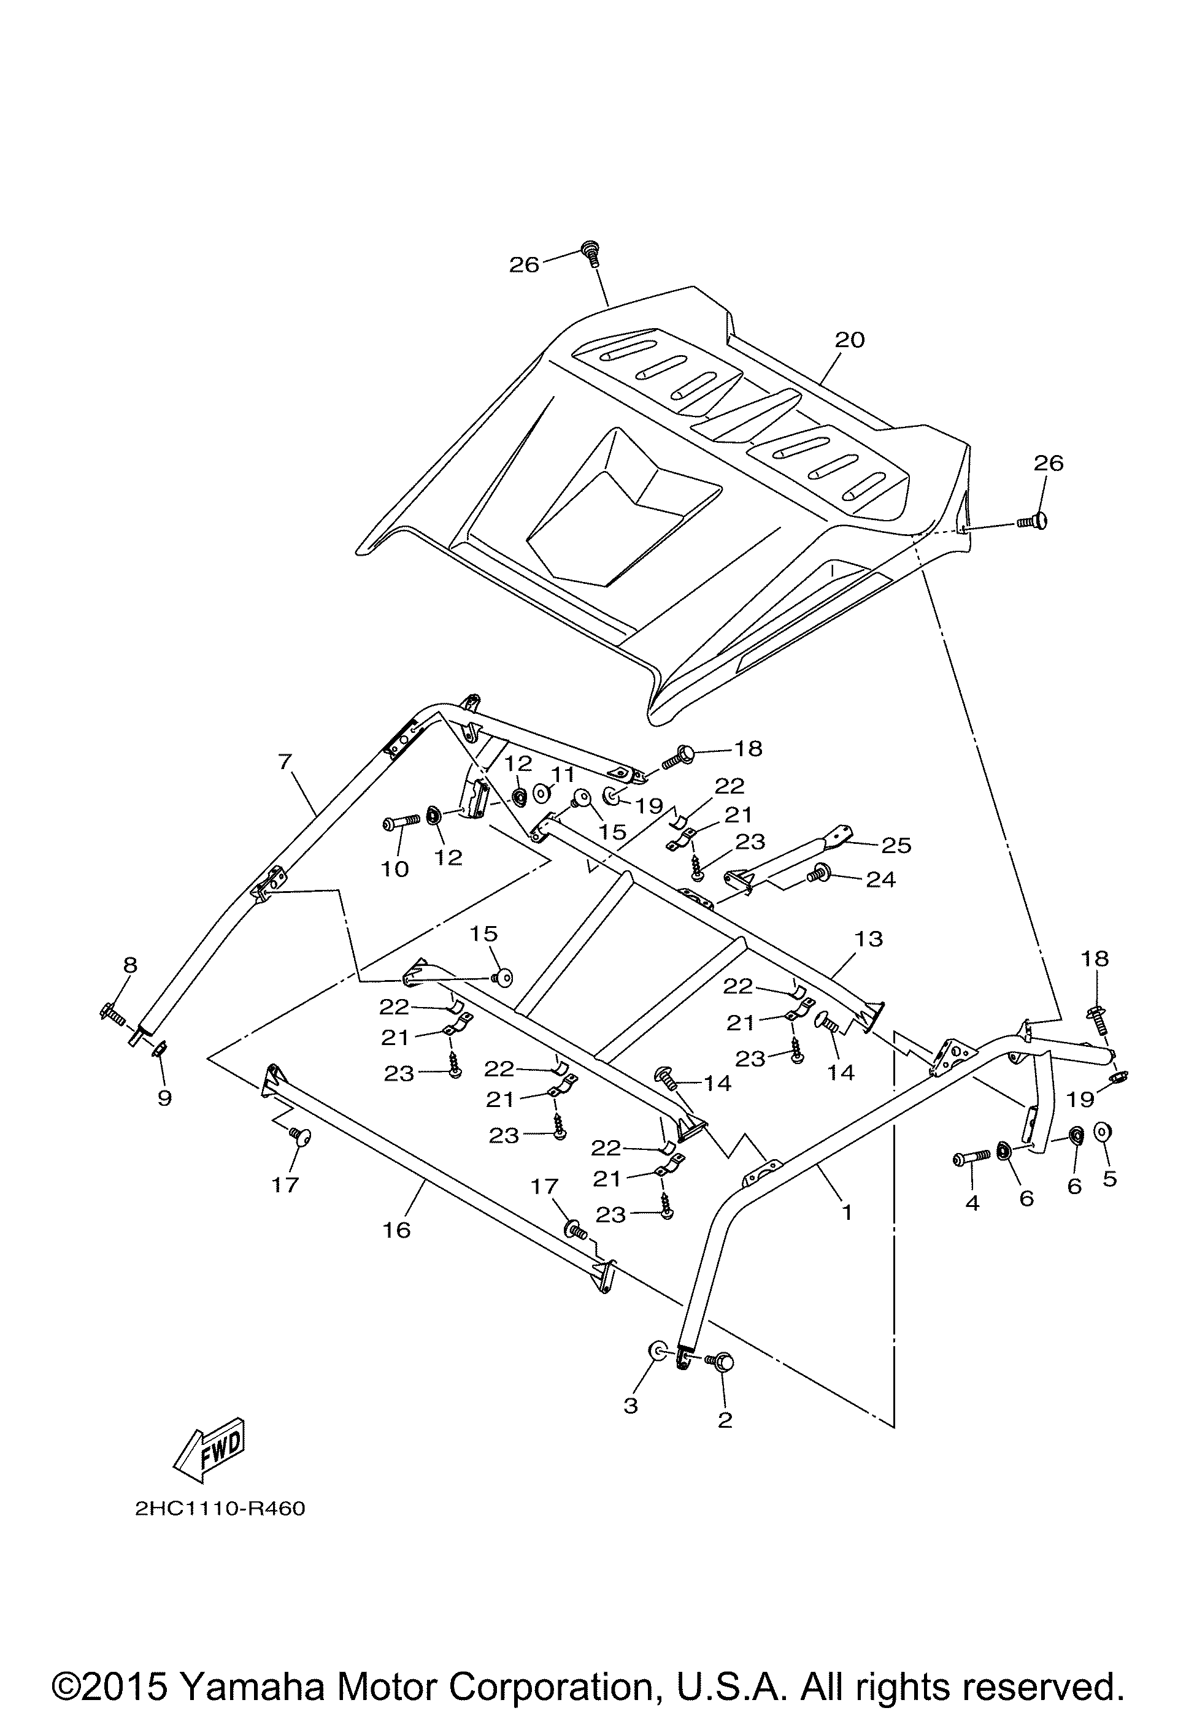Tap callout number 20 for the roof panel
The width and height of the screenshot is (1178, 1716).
(849, 340)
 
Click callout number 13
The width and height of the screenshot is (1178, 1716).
(869, 938)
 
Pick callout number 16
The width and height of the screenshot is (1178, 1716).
(396, 1230)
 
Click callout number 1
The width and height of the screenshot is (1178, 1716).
(847, 1212)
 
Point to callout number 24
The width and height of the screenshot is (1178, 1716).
(880, 879)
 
